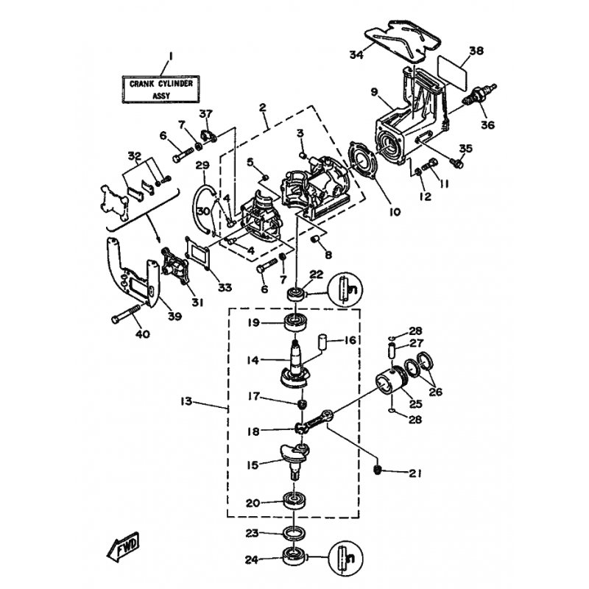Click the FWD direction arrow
click(x=123, y=546)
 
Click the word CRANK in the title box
click(x=141, y=84)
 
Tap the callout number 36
click(x=487, y=124)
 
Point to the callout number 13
click(x=186, y=401)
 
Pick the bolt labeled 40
click(x=125, y=314)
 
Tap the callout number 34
click(x=356, y=54)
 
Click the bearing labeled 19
click(x=295, y=322)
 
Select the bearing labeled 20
click(x=294, y=501)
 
